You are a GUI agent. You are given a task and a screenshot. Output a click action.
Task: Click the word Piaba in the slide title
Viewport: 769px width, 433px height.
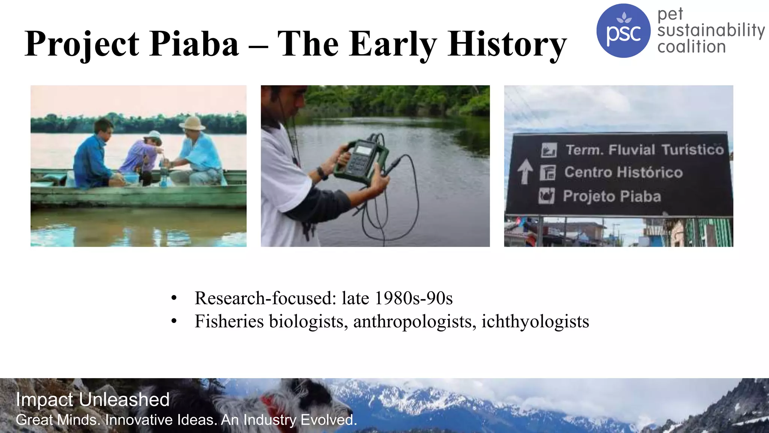pyautogui.click(x=195, y=44)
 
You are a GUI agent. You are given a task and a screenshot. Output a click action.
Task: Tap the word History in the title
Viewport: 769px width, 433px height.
pyautogui.click(x=507, y=45)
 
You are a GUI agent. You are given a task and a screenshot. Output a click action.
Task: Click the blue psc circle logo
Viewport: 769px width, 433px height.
pyautogui.click(x=623, y=31)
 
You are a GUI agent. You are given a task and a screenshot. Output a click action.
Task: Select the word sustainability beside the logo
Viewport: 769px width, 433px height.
pyautogui.click(x=711, y=30)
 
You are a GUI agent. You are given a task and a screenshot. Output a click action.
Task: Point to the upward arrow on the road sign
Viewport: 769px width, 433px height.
pyautogui.click(x=525, y=171)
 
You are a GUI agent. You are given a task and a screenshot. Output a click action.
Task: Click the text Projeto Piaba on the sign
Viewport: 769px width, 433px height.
pyautogui.click(x=612, y=196)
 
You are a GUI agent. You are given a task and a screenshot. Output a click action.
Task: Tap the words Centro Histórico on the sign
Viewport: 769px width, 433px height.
pyautogui.click(x=623, y=172)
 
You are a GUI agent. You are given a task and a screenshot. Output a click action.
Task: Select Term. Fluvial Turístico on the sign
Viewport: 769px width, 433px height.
pyautogui.click(x=644, y=150)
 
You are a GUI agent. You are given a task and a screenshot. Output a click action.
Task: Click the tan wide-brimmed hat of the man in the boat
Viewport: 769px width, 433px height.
pyautogui.click(x=192, y=123)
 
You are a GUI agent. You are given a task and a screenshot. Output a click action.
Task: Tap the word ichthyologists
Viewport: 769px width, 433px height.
pyautogui.click(x=535, y=321)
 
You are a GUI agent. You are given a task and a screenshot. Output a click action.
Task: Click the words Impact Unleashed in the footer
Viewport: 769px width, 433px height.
pyautogui.click(x=92, y=399)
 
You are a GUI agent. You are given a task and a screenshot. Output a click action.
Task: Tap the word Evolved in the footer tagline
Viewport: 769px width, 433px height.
pyautogui.click(x=329, y=420)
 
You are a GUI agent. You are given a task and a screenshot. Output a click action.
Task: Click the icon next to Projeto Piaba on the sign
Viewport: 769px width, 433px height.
pyautogui.click(x=546, y=196)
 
